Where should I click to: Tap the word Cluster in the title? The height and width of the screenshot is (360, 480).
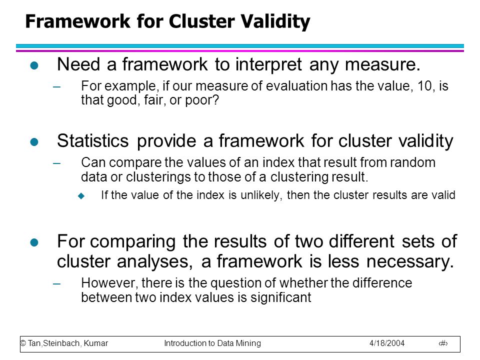201,21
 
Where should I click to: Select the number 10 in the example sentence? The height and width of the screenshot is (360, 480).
424,86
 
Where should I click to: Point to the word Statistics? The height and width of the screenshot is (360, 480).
93,141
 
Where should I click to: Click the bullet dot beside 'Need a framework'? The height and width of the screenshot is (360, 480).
34,65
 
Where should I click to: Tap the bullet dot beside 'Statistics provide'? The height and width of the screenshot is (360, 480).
34,141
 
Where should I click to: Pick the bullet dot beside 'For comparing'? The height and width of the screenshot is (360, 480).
34,242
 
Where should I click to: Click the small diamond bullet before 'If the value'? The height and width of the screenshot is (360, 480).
81,195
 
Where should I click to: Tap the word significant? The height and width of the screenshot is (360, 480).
280,297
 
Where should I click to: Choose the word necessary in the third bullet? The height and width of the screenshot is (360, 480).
410,262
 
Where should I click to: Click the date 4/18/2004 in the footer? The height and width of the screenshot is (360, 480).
387,343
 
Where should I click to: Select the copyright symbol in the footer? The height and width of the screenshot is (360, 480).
23,343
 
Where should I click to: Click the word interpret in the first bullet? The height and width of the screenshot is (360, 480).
268,65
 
